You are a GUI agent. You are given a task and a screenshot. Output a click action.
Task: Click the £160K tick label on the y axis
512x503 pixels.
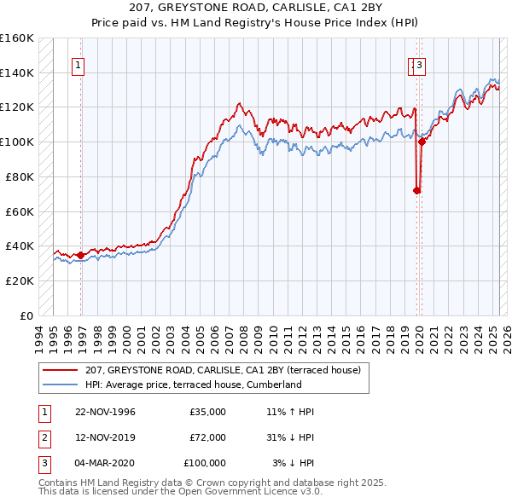point(17,38)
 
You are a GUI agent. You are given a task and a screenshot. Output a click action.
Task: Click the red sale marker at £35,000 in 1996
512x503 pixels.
point(80,255)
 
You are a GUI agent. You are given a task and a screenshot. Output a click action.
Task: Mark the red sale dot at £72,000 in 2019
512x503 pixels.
point(417,190)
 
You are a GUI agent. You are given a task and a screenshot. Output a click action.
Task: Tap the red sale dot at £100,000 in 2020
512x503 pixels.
point(422,142)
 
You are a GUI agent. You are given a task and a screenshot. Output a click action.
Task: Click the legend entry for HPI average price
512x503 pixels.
point(194,384)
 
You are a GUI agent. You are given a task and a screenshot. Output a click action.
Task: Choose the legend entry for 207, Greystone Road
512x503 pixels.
point(223,370)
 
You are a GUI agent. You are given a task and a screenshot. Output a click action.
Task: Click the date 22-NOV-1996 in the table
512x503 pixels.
point(105,412)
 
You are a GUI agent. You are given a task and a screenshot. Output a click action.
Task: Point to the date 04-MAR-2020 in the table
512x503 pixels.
point(105,463)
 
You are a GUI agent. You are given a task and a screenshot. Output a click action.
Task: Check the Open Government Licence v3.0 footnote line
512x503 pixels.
point(179,491)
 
